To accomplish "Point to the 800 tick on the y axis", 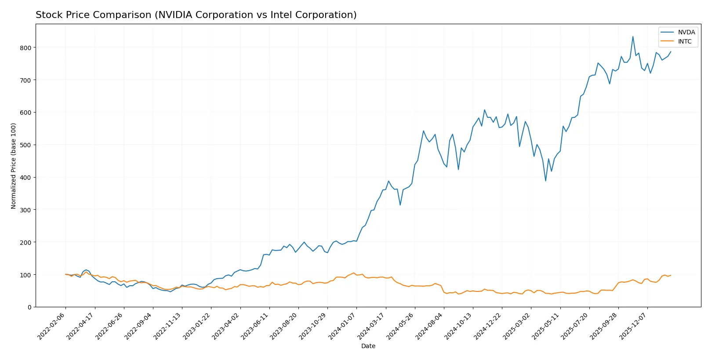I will pyautogui.click(x=26, y=47).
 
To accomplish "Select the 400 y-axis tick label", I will pyautogui.click(x=26, y=178).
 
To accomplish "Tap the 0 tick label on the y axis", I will pyautogui.click(x=29, y=307).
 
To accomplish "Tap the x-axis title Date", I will pyautogui.click(x=368, y=346).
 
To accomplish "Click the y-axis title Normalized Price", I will pyautogui.click(x=14, y=166).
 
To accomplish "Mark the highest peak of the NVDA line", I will pyautogui.click(x=633, y=36).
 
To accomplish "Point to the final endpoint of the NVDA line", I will pyautogui.click(x=671, y=51).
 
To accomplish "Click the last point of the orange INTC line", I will pyautogui.click(x=671, y=276).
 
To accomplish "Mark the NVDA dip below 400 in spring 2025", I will pyautogui.click(x=546, y=181).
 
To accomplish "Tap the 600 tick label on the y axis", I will pyautogui.click(x=26, y=113).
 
